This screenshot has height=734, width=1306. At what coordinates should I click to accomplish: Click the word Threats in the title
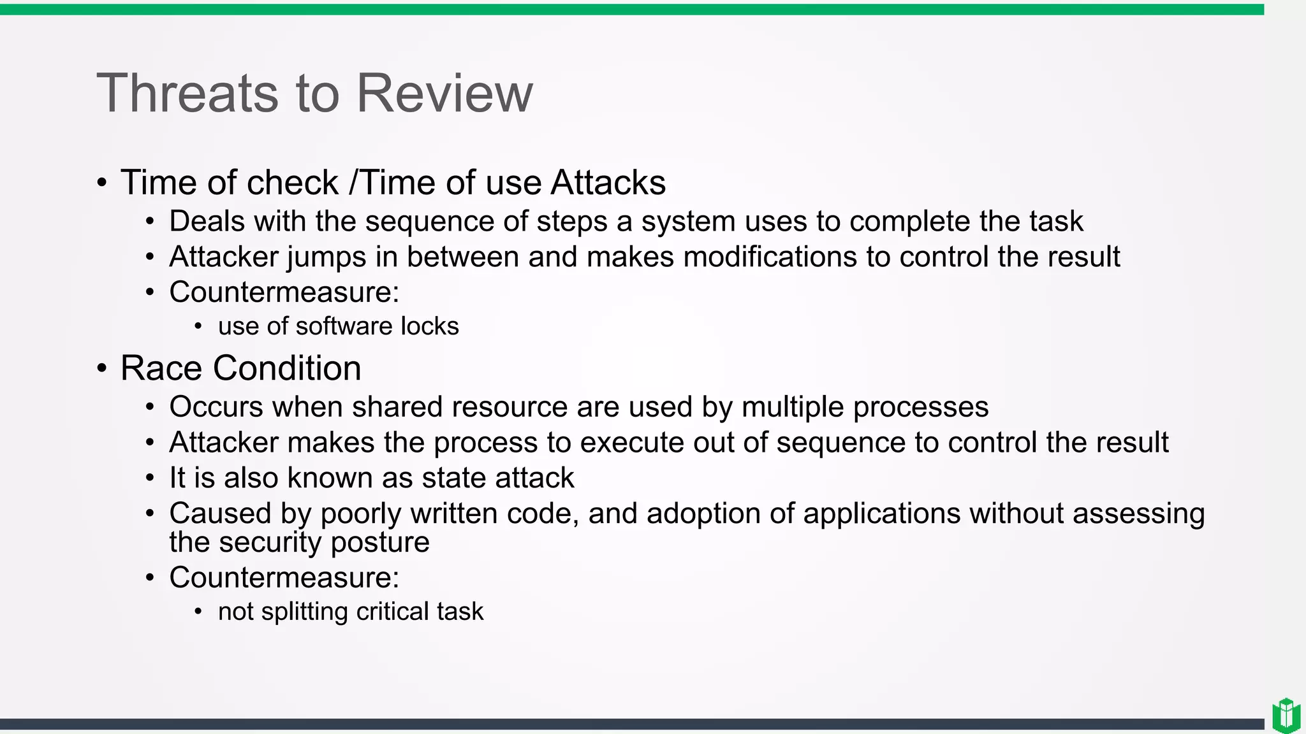point(187,94)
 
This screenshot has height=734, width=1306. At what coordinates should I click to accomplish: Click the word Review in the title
point(444,94)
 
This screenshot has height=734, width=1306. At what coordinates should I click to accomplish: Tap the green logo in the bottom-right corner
point(1286,715)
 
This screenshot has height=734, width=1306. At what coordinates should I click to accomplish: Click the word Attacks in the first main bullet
point(608,183)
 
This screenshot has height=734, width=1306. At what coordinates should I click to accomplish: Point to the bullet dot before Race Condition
point(102,369)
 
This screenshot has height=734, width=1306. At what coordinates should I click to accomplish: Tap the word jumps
point(326,257)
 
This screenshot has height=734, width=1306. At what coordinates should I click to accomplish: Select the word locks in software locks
point(429,326)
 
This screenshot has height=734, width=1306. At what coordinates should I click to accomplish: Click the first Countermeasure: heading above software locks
point(284,292)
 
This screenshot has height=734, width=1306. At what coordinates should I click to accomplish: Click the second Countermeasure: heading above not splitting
point(284,578)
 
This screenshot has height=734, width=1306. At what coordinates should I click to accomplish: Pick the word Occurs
point(216,407)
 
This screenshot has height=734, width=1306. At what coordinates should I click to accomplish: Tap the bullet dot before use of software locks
point(198,327)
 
